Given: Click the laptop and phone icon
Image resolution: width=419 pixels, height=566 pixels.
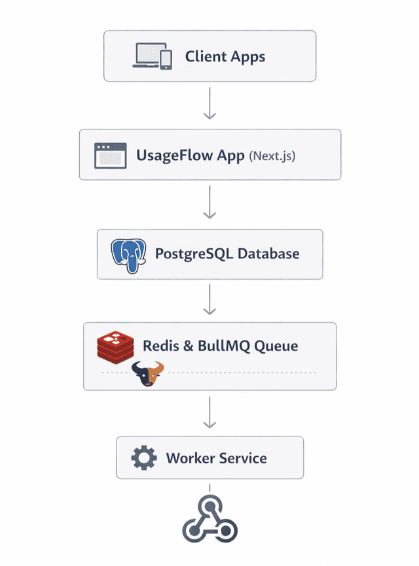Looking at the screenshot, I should (153, 56).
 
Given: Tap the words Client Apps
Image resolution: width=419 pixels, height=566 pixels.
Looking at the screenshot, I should (225, 56).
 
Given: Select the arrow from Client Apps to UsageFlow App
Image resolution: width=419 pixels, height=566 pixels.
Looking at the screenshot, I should (209, 105).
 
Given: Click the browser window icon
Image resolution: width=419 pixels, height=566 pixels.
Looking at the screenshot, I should (111, 156).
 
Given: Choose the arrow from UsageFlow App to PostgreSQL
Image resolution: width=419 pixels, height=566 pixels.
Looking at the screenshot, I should (209, 203).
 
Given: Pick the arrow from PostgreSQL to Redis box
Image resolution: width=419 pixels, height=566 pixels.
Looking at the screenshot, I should (209, 300).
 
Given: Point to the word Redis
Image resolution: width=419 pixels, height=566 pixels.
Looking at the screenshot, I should (159, 346).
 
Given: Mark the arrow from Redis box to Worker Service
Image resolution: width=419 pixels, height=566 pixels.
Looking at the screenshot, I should (209, 413).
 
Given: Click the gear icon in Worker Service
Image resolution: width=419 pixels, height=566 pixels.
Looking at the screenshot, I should (144, 458).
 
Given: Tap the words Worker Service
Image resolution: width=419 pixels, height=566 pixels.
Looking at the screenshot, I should (216, 458).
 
